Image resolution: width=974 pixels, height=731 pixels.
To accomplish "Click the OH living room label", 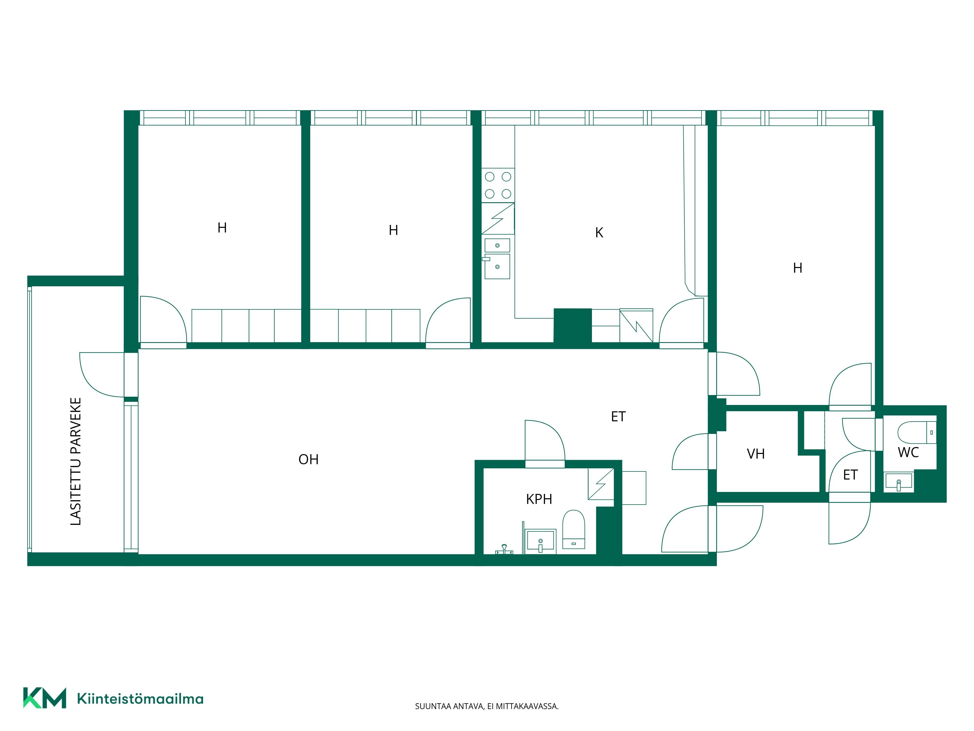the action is point(308,460).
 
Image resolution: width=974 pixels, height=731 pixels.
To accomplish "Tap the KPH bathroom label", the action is point(539,499).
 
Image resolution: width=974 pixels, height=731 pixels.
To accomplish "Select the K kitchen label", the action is point(599,233).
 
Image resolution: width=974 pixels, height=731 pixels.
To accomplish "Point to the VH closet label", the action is point(756,454).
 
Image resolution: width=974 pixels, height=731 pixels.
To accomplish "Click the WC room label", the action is point(908,452).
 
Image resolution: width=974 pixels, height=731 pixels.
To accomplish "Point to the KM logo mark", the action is point(45,698).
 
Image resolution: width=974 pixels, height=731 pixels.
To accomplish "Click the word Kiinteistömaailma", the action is point(140,699).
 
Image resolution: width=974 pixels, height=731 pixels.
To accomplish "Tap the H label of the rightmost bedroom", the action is point(797,268).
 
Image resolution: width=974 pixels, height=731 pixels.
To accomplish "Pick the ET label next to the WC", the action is point(850,475).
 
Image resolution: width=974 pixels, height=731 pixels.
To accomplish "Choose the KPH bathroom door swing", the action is point(545,440).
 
